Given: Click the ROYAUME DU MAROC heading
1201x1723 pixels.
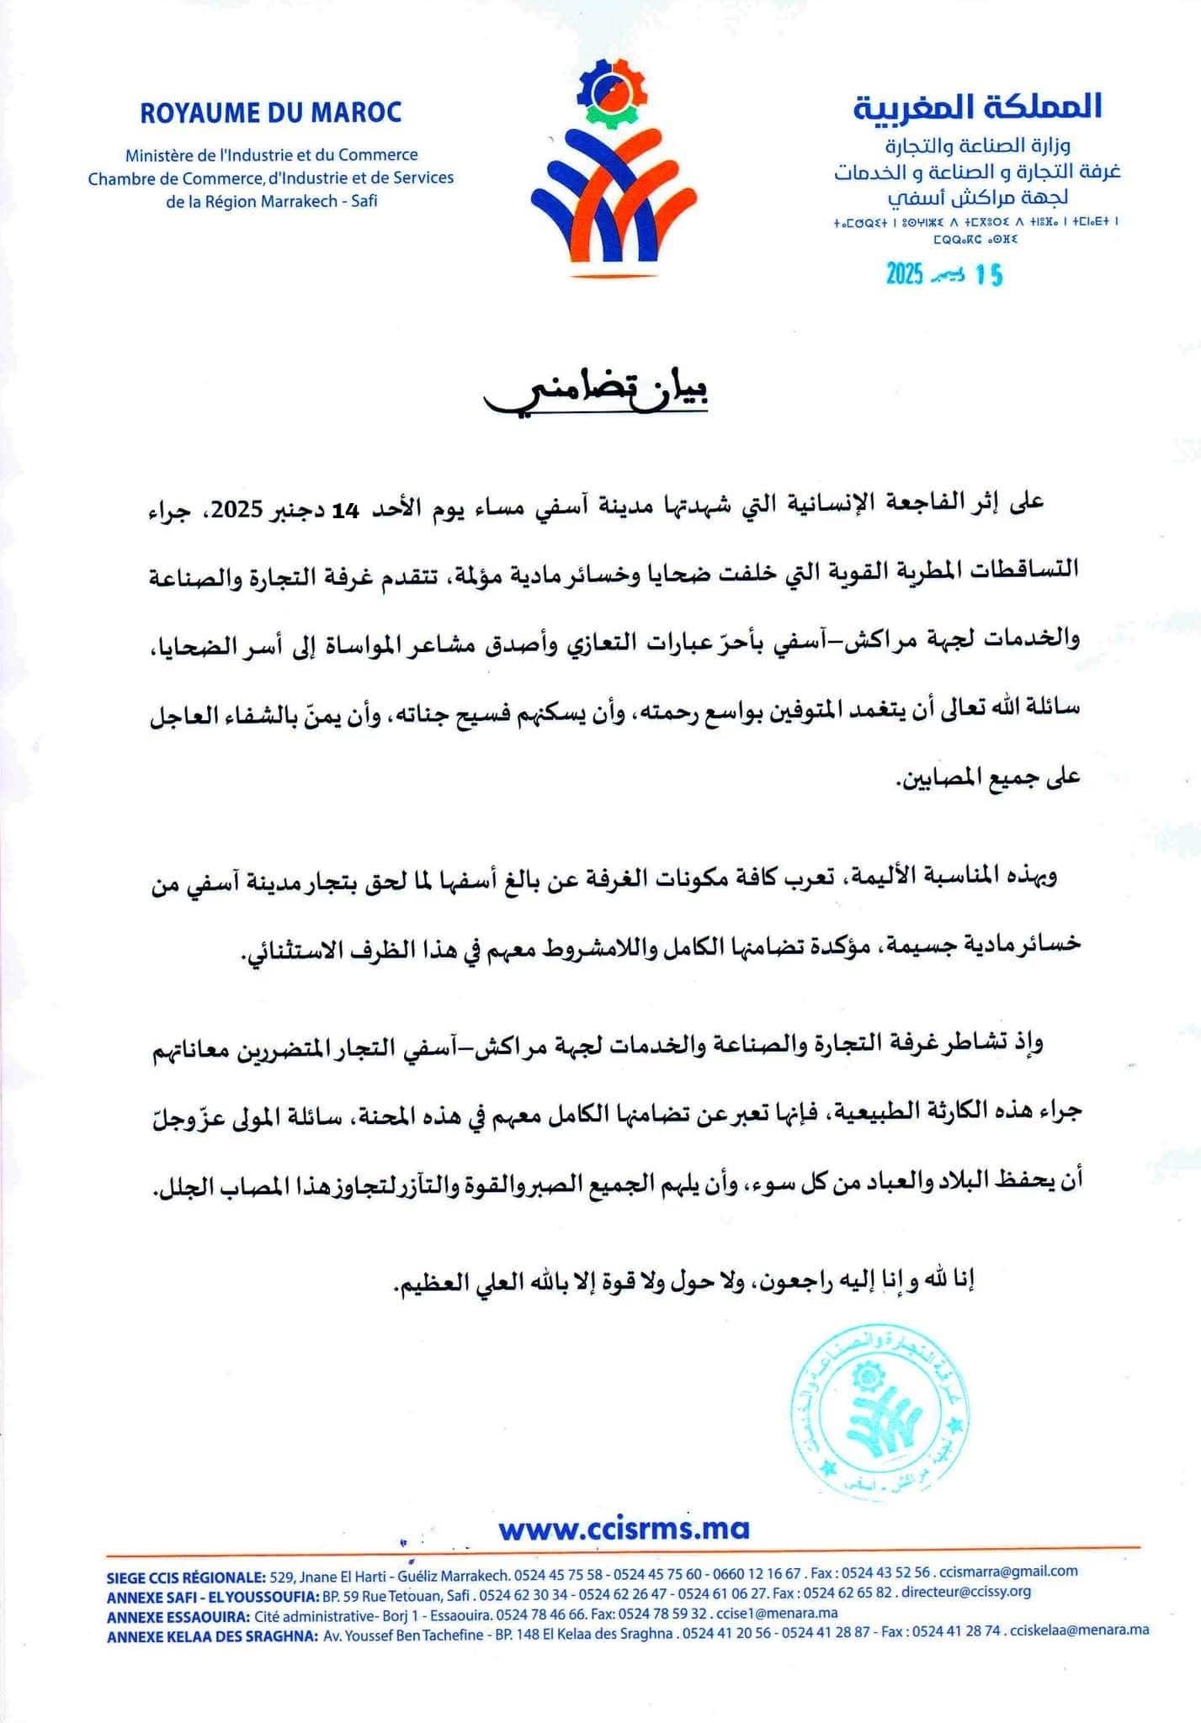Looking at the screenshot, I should [271, 113].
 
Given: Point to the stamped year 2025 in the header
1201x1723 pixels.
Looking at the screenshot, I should [905, 274].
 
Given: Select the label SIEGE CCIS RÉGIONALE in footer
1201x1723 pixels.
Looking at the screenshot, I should [186, 1572].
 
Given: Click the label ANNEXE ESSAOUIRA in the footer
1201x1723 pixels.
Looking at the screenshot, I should [177, 1614].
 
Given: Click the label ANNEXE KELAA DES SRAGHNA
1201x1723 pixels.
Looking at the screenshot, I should [212, 1635].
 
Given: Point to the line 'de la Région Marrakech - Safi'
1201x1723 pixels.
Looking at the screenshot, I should [272, 201].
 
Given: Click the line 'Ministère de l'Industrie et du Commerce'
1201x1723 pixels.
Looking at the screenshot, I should [271, 155].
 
